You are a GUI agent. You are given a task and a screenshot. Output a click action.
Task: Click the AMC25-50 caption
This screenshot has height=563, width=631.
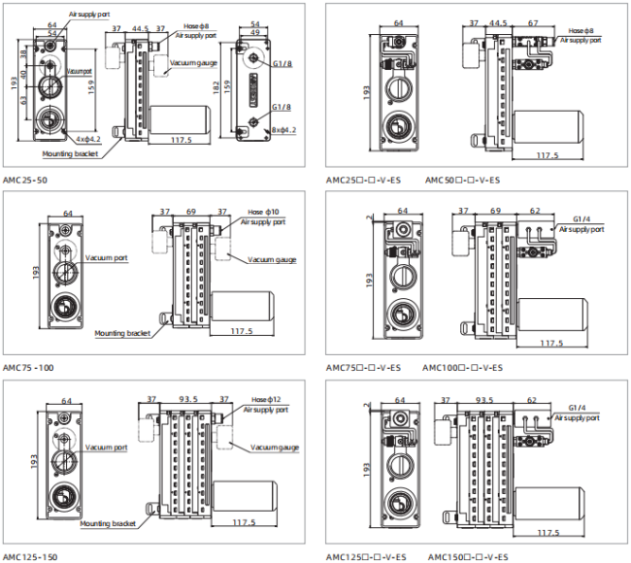click(x=25, y=181)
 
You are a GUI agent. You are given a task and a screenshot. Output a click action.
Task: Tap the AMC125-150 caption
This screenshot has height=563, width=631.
click(x=30, y=556)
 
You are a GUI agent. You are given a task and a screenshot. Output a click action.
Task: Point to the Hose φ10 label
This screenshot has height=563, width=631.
click(x=263, y=212)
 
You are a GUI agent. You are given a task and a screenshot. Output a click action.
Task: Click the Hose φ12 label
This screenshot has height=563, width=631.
click(x=264, y=400)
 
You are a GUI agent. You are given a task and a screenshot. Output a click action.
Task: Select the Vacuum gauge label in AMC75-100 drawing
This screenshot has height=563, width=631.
click(x=272, y=259)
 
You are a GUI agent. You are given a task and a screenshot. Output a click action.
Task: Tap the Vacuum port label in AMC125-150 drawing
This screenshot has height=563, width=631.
click(x=106, y=447)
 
